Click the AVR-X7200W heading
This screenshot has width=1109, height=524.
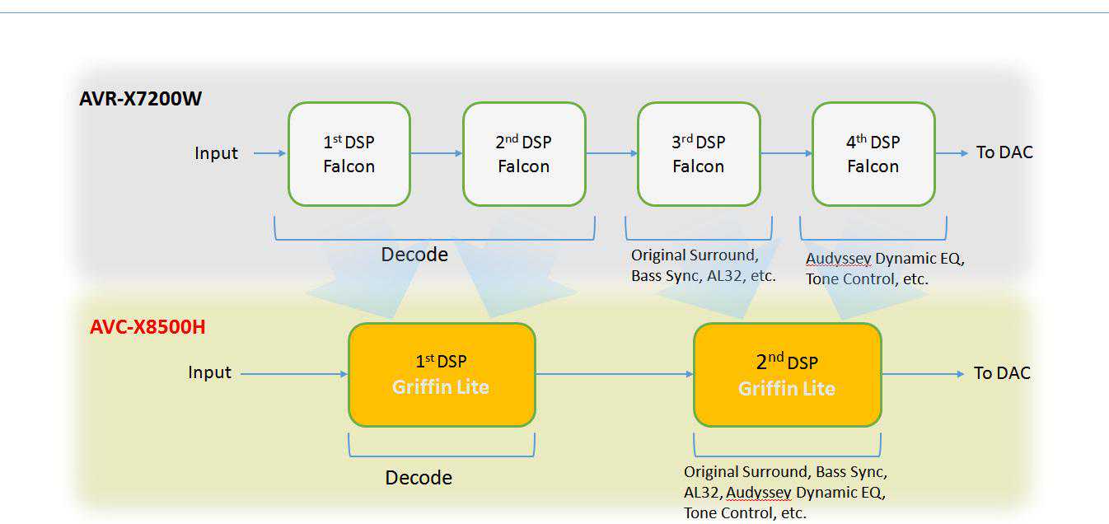click(140, 99)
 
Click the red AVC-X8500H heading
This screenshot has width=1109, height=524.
click(147, 327)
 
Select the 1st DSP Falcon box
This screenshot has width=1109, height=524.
click(349, 154)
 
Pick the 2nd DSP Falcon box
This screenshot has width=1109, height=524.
click(523, 154)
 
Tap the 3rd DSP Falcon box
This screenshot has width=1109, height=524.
click(698, 154)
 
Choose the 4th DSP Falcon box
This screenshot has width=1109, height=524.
click(873, 154)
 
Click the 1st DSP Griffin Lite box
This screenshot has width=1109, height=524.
click(441, 374)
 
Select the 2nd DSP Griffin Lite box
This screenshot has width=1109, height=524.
click(787, 374)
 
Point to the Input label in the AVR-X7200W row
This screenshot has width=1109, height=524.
click(216, 153)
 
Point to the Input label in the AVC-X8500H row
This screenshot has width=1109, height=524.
click(209, 372)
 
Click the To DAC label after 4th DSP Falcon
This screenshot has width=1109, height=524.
click(1004, 152)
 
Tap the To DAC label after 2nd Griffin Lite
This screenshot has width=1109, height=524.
click(1002, 373)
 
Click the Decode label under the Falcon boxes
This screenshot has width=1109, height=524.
click(414, 255)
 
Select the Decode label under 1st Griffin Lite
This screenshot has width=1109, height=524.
click(419, 478)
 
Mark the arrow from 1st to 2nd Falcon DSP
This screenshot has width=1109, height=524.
click(437, 153)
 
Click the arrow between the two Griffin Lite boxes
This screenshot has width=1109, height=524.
click(615, 374)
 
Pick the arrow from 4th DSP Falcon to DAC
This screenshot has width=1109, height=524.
click(952, 153)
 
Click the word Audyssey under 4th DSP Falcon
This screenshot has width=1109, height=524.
click(838, 259)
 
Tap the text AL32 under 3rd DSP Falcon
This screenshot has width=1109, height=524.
click(724, 276)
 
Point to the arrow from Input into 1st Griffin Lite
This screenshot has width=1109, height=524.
click(294, 374)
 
